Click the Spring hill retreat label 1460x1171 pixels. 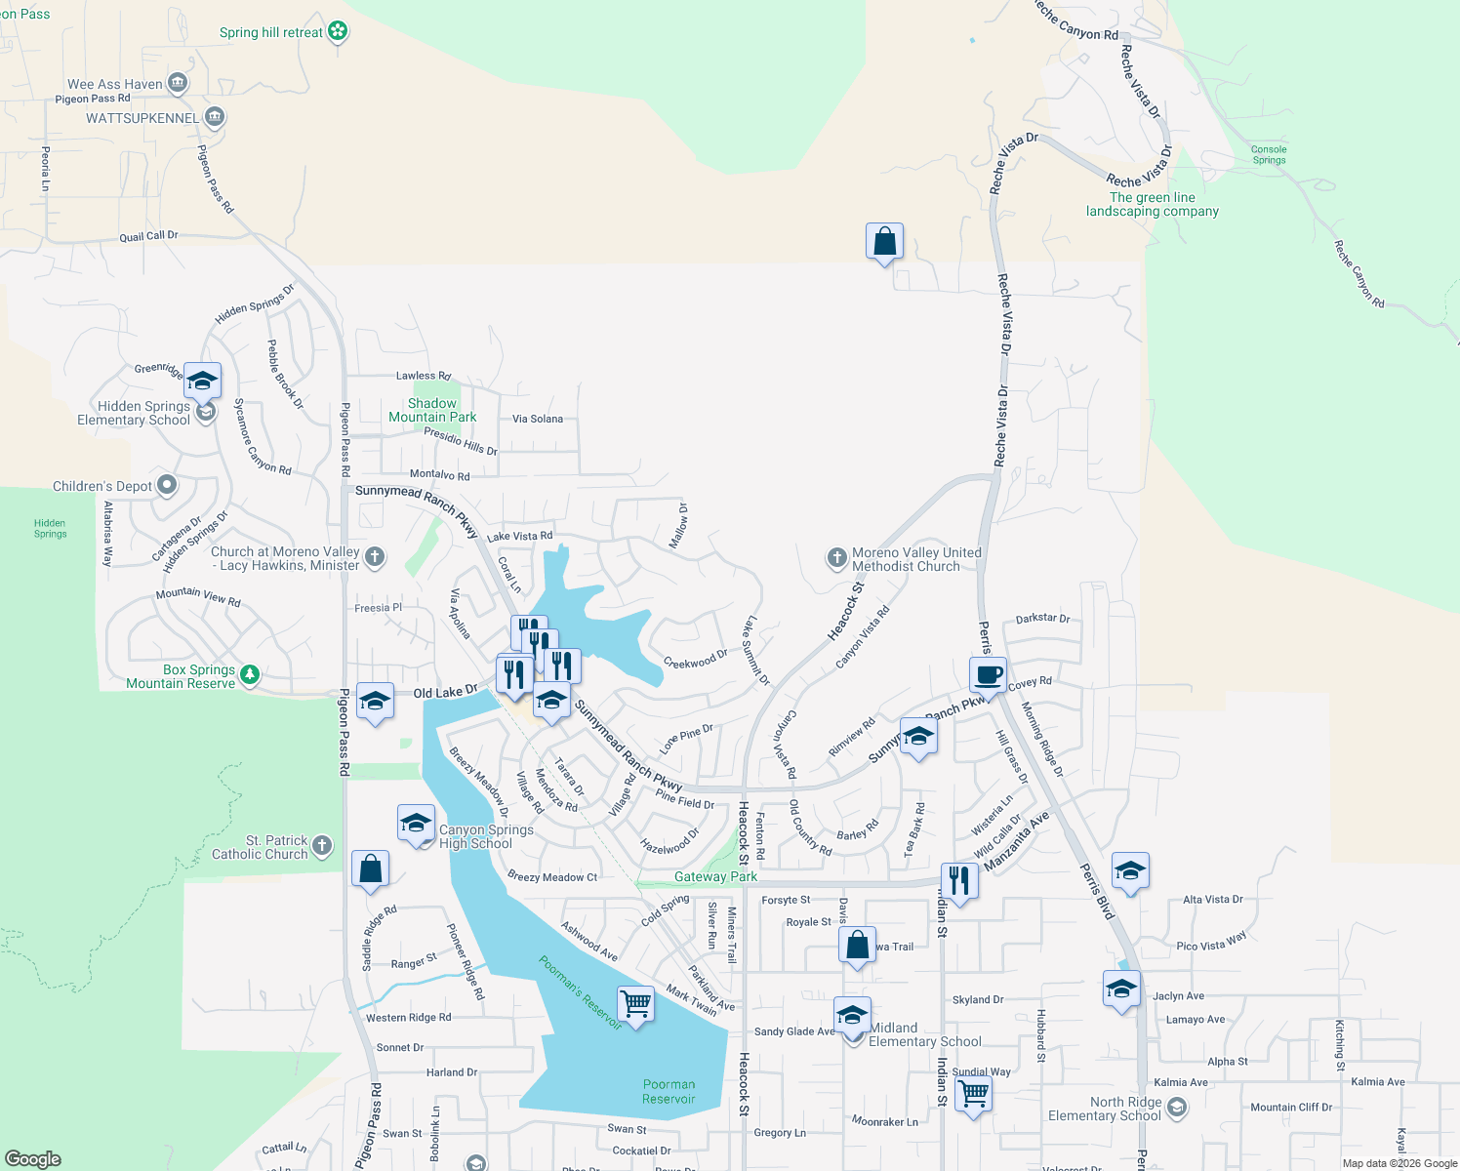[270, 32]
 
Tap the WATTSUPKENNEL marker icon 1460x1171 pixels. [215, 118]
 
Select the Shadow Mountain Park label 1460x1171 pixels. [432, 410]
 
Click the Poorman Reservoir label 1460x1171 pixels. [669, 1091]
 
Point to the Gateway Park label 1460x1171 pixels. [715, 876]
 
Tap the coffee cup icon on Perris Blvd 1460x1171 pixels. [988, 674]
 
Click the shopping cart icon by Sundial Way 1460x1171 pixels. [973, 1093]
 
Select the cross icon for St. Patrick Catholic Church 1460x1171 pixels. [322, 846]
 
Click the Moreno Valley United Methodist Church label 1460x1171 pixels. [916, 559]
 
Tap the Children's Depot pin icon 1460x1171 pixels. [167, 485]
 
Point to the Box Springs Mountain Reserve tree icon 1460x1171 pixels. [250, 674]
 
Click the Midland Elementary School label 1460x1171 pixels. [924, 1034]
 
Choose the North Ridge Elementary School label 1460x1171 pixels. [1104, 1109]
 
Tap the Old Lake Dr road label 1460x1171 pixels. [445, 692]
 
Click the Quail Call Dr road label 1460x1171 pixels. [148, 236]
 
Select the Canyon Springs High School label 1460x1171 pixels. [486, 836]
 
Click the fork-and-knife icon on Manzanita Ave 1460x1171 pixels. [959, 881]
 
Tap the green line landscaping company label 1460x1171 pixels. [1152, 204]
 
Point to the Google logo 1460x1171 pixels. [32, 1158]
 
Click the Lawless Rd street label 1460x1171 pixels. [424, 376]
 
